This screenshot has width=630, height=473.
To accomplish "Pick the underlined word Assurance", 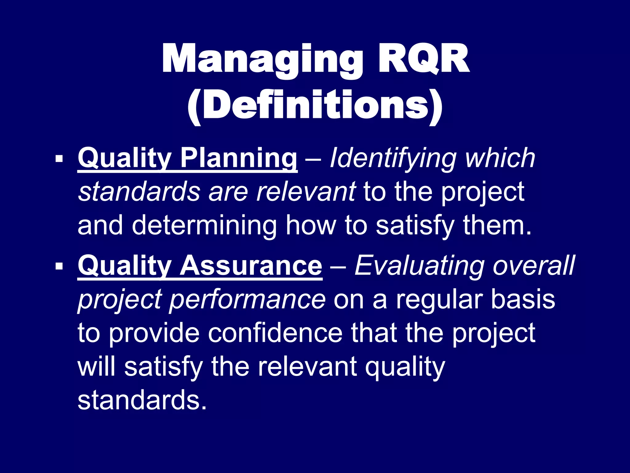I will click(x=251, y=265).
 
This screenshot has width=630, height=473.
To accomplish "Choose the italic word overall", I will click(x=534, y=265).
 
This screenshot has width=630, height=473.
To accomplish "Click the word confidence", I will click(x=275, y=333).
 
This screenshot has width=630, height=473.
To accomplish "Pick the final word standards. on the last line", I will click(x=142, y=400).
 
